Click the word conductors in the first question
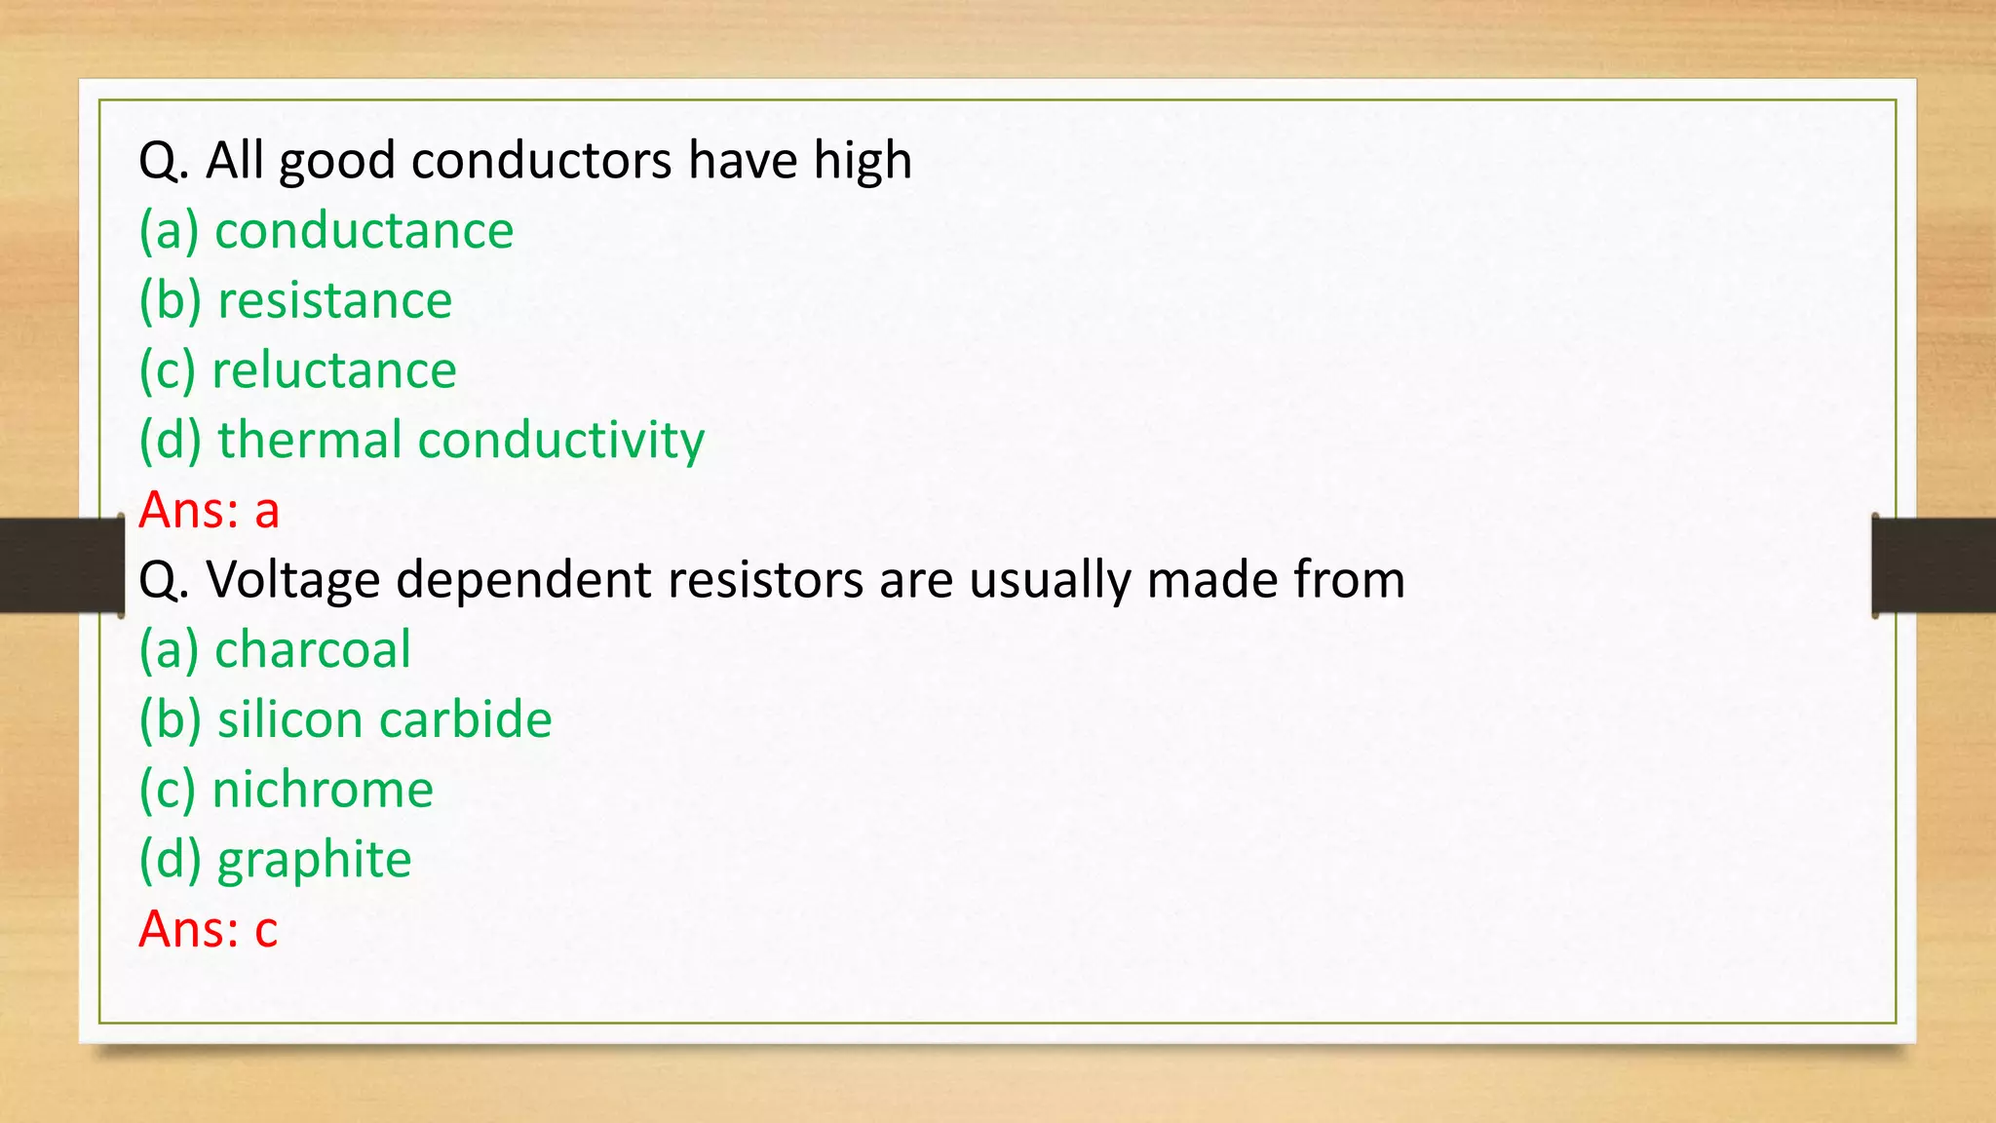click(x=541, y=161)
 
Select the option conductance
click(x=364, y=231)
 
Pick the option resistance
click(x=334, y=301)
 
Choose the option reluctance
click(x=333, y=371)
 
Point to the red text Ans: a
click(x=209, y=511)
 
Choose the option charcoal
click(x=312, y=650)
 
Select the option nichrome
click(x=322, y=791)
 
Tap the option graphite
click(x=314, y=861)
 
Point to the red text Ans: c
click(x=208, y=930)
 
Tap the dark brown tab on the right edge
click(x=1934, y=565)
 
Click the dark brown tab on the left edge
click(x=60, y=565)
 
